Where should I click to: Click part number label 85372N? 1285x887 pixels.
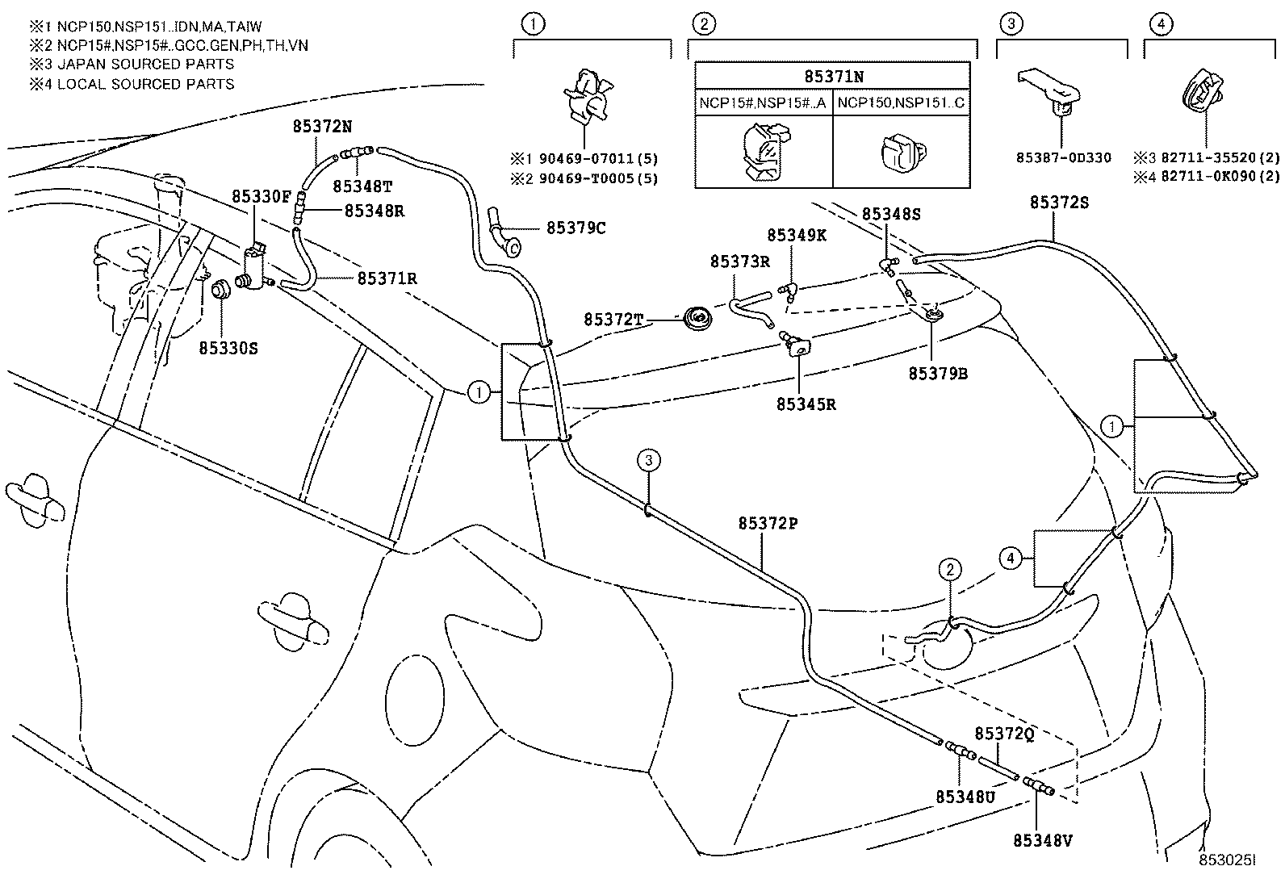[x=322, y=126]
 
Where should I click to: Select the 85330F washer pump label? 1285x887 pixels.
[x=261, y=196]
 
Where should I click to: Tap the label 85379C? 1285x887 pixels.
[x=576, y=228]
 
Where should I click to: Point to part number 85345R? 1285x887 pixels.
[x=806, y=404]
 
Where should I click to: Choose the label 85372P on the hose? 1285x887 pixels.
[x=768, y=524]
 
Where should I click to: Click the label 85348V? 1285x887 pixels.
[x=1042, y=841]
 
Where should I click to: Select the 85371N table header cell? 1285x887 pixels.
[x=833, y=77]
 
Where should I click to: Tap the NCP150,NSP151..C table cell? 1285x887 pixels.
[x=901, y=103]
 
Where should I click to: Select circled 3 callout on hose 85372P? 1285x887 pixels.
[x=648, y=461]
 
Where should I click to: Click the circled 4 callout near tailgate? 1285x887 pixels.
[x=1009, y=557]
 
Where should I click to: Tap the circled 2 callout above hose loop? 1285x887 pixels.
[x=950, y=570]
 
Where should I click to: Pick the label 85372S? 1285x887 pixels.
[x=1058, y=203]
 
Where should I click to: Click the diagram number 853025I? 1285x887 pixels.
[x=1227, y=860]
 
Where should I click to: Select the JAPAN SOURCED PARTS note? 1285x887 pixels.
[x=133, y=65]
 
